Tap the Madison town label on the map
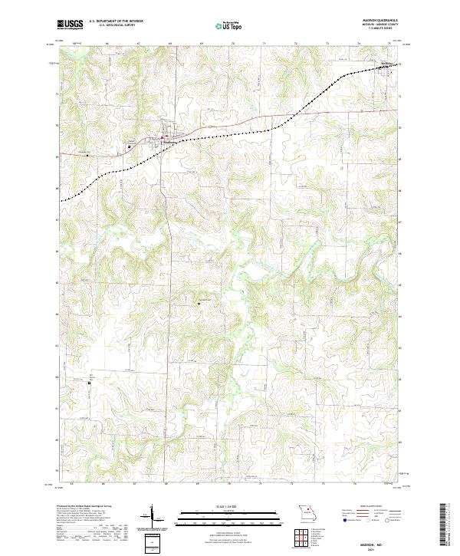171,142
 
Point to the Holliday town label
388,63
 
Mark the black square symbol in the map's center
199,303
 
